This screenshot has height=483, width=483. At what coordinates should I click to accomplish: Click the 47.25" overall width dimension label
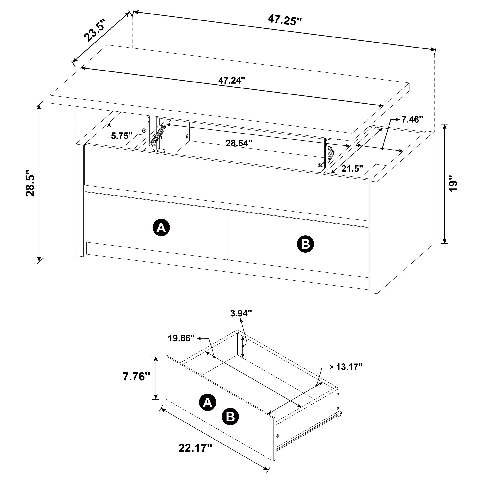(285, 20)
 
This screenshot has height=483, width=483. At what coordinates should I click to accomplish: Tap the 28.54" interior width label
(239, 143)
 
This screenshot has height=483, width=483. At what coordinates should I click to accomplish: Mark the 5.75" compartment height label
(122, 136)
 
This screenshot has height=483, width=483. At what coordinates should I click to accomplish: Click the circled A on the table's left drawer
(161, 228)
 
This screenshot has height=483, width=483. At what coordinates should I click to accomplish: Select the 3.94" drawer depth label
(241, 313)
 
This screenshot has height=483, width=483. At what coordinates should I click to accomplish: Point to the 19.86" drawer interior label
(181, 338)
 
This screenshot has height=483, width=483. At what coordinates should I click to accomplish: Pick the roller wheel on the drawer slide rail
(339, 414)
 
